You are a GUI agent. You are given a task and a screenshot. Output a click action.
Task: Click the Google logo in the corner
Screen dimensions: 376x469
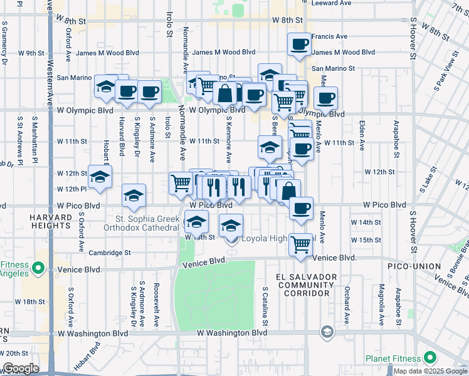click(x=21, y=368)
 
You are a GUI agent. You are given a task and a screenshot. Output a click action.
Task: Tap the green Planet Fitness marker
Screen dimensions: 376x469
click(x=429, y=358)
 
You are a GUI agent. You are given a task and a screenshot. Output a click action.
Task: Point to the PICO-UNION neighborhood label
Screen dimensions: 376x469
click(x=436, y=266)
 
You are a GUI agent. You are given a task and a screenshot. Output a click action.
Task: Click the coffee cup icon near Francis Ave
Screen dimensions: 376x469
click(x=299, y=44)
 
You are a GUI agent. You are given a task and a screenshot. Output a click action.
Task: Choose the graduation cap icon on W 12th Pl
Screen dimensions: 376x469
click(x=100, y=177)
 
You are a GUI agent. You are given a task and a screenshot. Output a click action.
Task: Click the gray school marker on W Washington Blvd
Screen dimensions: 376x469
click(x=327, y=332)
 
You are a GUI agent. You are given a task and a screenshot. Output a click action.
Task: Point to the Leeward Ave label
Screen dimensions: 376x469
click(x=328, y=3)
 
